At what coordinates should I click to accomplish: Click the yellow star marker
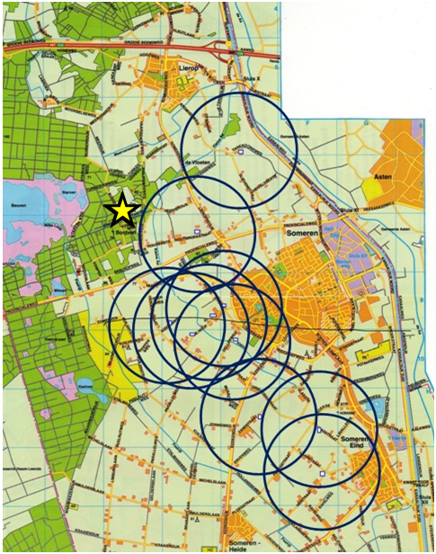pyautogui.click(x=121, y=210)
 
